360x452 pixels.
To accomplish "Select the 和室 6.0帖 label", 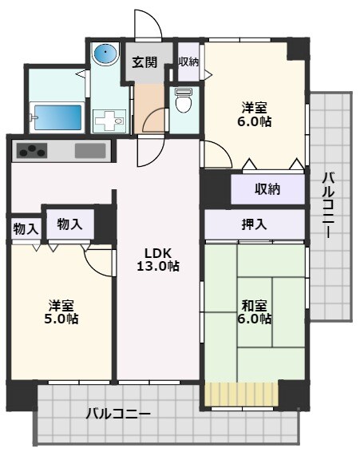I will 256,311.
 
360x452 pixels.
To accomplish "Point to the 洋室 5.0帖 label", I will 62,311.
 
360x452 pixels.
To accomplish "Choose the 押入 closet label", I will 255,224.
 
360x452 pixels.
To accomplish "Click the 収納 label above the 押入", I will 267,189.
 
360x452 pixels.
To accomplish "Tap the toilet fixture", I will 183,101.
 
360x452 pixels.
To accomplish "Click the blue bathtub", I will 57,116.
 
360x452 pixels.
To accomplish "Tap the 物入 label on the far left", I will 25,228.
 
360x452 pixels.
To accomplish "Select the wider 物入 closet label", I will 70,224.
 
